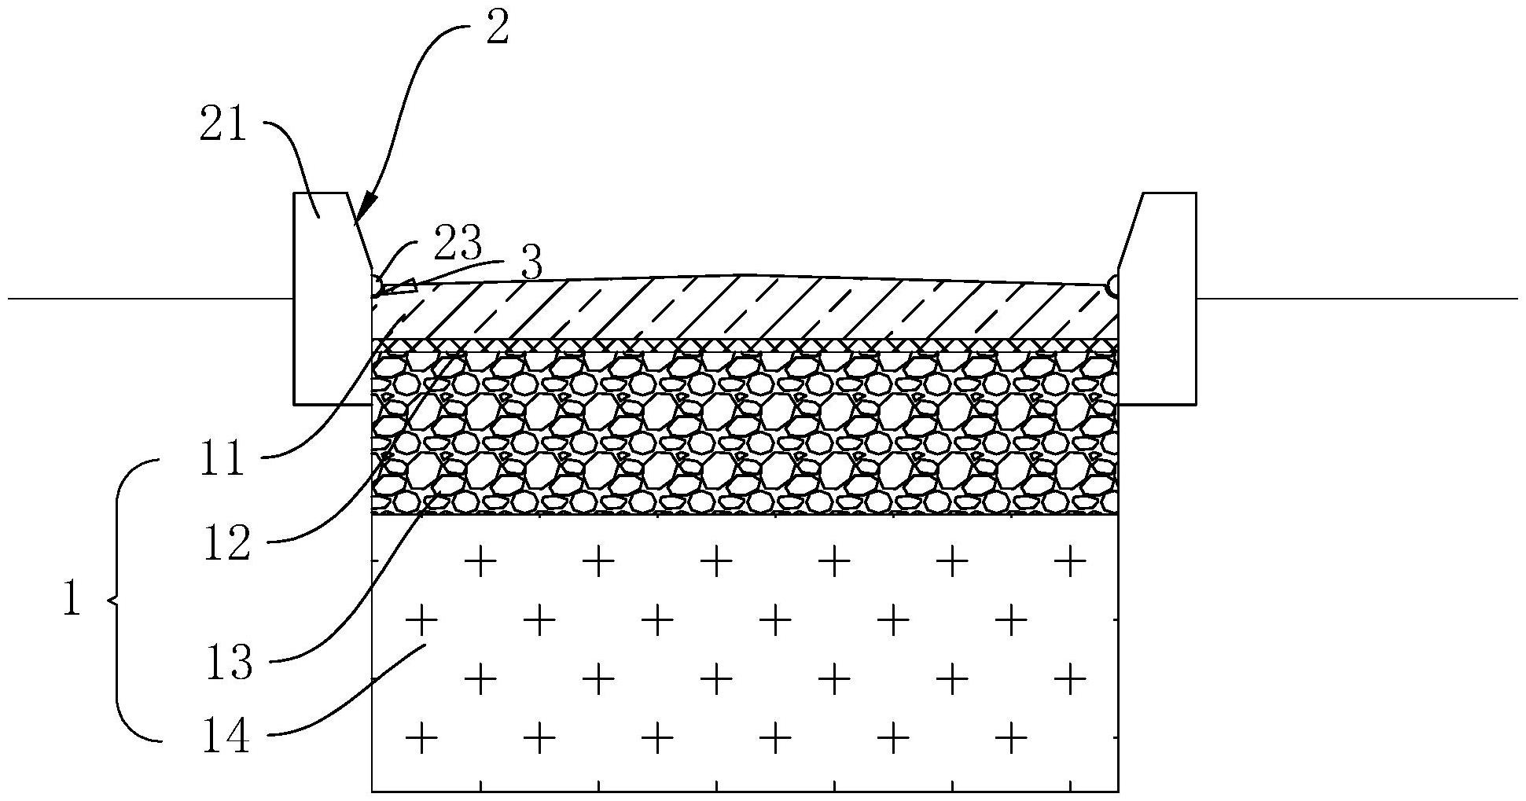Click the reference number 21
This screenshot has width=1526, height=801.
point(223,125)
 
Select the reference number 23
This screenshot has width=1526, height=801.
point(457,244)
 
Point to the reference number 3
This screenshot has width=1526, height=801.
point(531,265)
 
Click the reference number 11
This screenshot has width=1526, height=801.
point(222,460)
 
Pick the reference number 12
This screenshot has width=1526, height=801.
point(226,543)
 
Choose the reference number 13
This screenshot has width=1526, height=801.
point(229,662)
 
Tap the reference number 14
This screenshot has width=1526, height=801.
point(226,738)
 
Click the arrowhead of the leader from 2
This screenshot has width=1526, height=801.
point(361,211)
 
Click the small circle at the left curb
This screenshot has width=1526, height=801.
point(376,285)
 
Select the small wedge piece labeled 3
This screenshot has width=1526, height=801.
point(401,288)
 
